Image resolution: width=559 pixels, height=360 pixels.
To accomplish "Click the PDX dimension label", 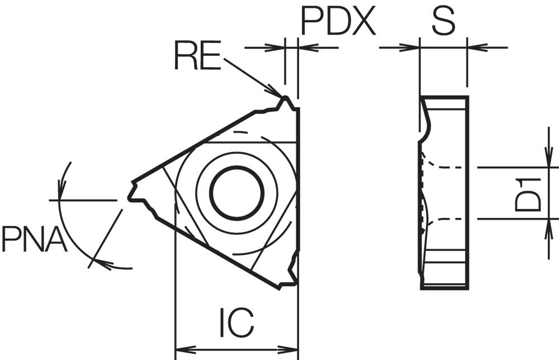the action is point(338,21).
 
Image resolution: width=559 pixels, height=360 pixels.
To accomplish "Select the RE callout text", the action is point(198,55).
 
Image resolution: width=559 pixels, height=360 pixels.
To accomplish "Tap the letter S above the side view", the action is point(443,21).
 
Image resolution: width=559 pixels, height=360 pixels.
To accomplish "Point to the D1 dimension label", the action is point(528,195).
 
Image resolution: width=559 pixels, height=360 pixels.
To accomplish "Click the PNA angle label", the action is point(35,238).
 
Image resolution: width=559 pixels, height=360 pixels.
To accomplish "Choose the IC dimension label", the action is point(236,323).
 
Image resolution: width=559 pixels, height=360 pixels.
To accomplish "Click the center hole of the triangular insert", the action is point(237,193).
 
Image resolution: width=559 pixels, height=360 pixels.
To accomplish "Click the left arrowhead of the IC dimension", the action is point(186,349).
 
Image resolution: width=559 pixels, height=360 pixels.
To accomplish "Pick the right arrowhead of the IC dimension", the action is point(288,349).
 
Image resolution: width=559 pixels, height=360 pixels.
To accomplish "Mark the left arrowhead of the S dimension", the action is point(410,47).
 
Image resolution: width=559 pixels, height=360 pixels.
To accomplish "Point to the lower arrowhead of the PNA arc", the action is point(103,264).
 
